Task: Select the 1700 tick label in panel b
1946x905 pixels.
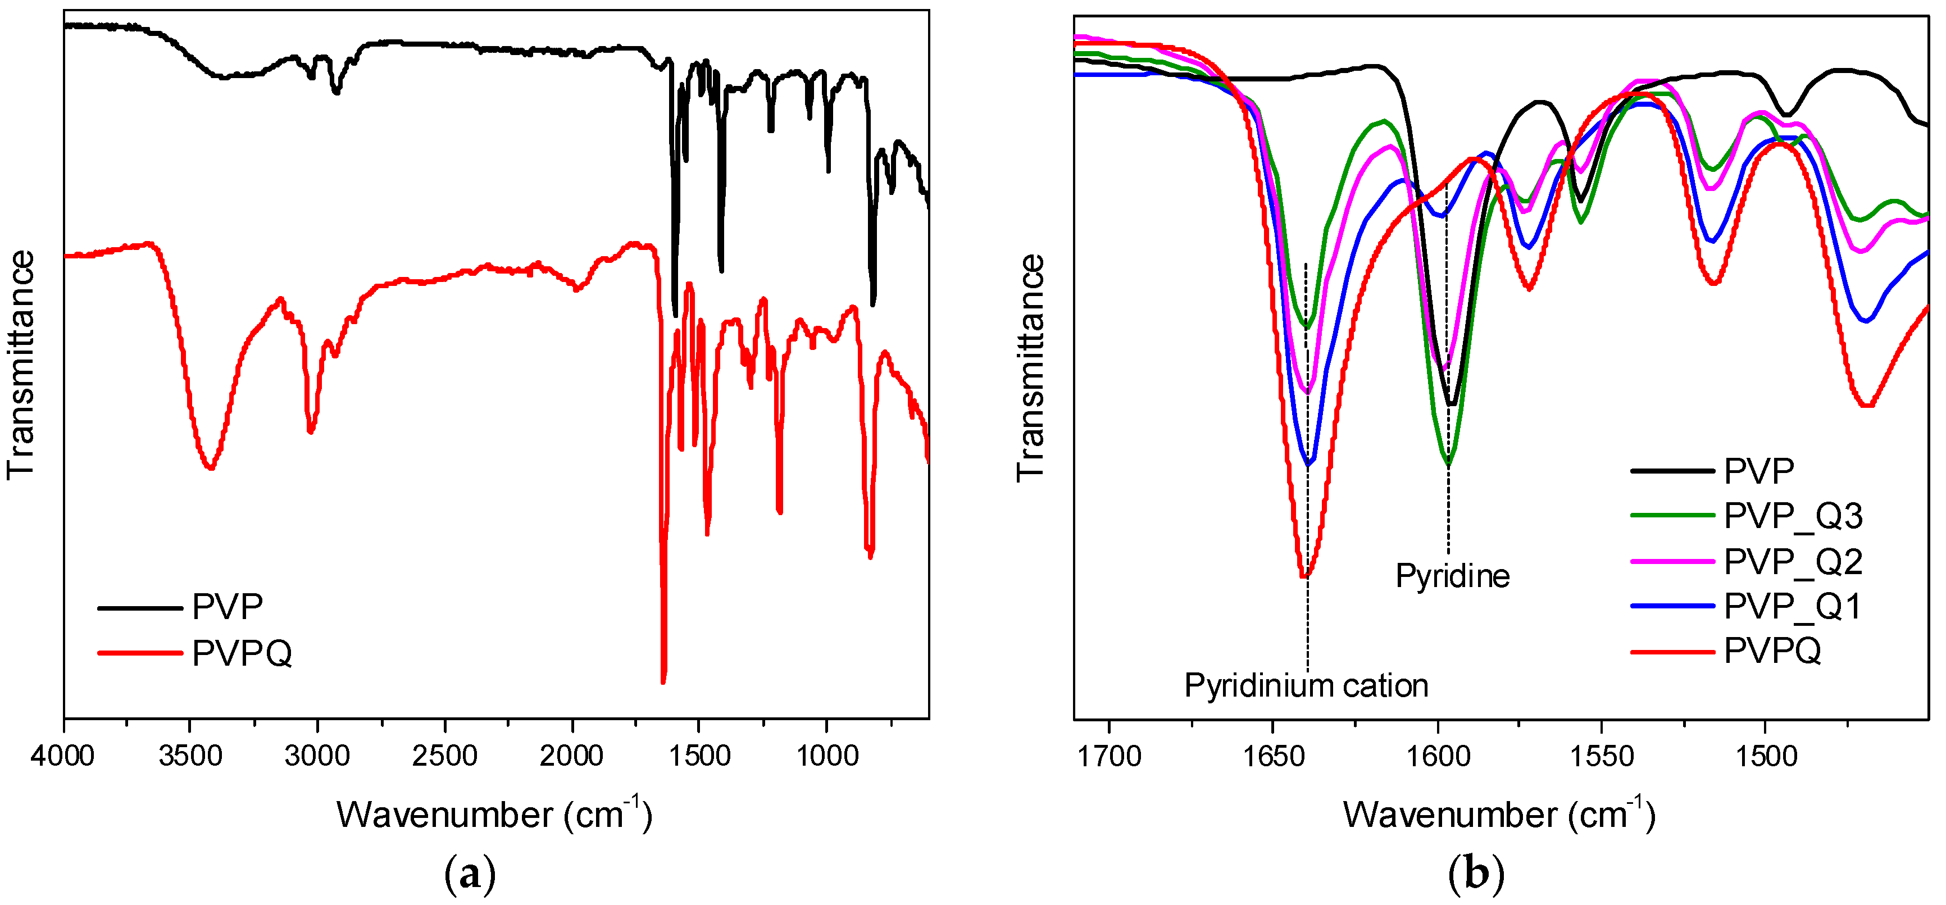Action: (1108, 756)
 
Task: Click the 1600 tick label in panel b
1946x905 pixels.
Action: (1437, 756)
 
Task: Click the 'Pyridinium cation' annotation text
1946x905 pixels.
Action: (1306, 686)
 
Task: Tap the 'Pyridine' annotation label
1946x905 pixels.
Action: (1452, 576)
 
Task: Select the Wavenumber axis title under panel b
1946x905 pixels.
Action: (1499, 815)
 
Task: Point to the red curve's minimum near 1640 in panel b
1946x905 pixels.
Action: (1304, 576)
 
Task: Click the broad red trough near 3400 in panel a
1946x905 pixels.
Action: (211, 467)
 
